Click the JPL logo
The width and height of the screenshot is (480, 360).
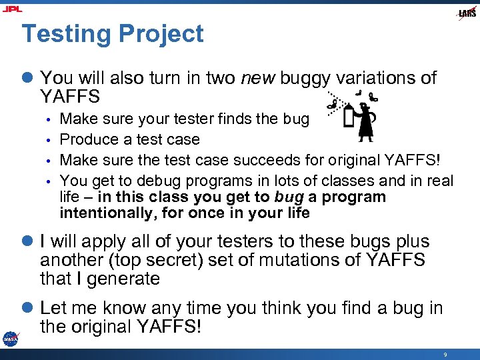11,9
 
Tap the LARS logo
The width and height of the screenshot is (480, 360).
467,13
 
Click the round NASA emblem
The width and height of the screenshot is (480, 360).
10,338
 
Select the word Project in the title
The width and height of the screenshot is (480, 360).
162,33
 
